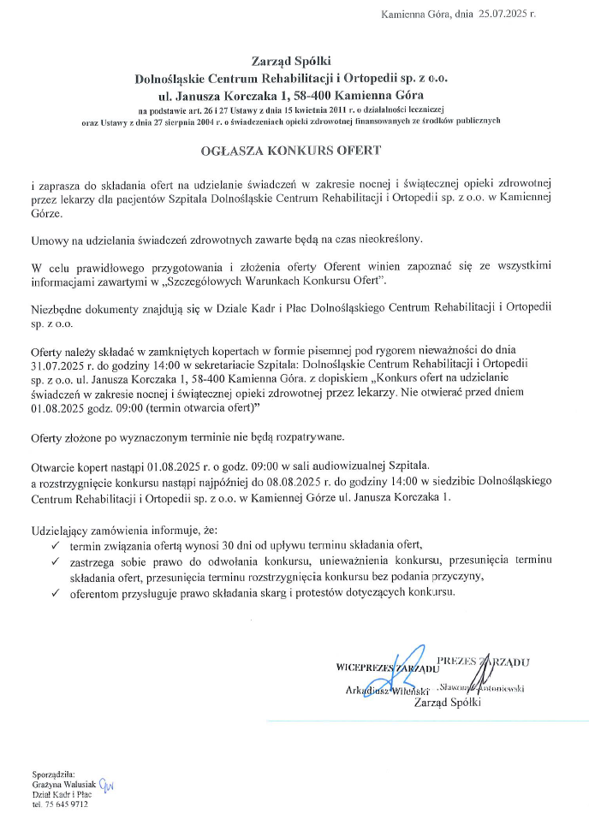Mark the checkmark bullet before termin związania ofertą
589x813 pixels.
click(55, 546)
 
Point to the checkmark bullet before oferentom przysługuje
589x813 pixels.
click(55, 591)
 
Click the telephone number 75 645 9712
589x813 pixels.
click(67, 804)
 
